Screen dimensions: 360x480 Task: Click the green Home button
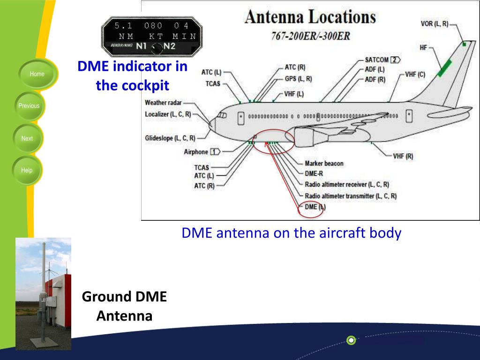(37, 74)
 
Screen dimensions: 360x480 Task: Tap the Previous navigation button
(29, 106)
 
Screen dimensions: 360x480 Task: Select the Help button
(27, 171)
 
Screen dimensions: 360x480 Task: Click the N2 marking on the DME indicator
(169, 46)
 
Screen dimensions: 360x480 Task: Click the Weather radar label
(163, 103)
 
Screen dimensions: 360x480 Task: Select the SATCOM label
(377, 60)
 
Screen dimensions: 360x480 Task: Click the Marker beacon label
(324, 164)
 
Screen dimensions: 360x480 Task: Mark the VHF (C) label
(415, 74)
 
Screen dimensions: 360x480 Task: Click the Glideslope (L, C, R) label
(170, 138)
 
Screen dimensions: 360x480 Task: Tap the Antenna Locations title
(310, 17)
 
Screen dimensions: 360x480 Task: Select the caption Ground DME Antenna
(124, 306)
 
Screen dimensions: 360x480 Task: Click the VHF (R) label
(403, 156)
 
